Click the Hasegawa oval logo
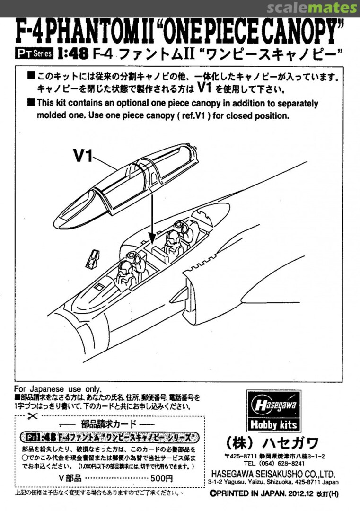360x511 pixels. (x=273, y=405)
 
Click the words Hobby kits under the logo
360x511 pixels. (x=273, y=424)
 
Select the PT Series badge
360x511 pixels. (x=34, y=53)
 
